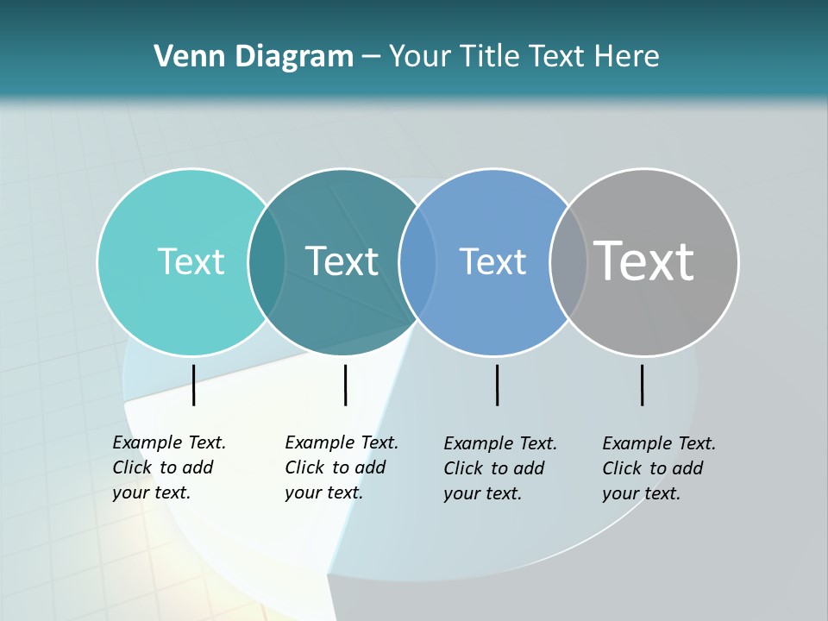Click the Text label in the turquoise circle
click(191, 261)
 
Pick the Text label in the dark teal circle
click(342, 261)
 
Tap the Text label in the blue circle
click(492, 261)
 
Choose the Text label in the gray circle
click(644, 260)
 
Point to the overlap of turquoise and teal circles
click(267, 261)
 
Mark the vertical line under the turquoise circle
click(193, 385)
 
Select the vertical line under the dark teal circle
click(345, 385)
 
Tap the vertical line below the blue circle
click(497, 385)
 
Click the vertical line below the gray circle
click(642, 385)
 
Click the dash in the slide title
click(370, 57)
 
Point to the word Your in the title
click(421, 56)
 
